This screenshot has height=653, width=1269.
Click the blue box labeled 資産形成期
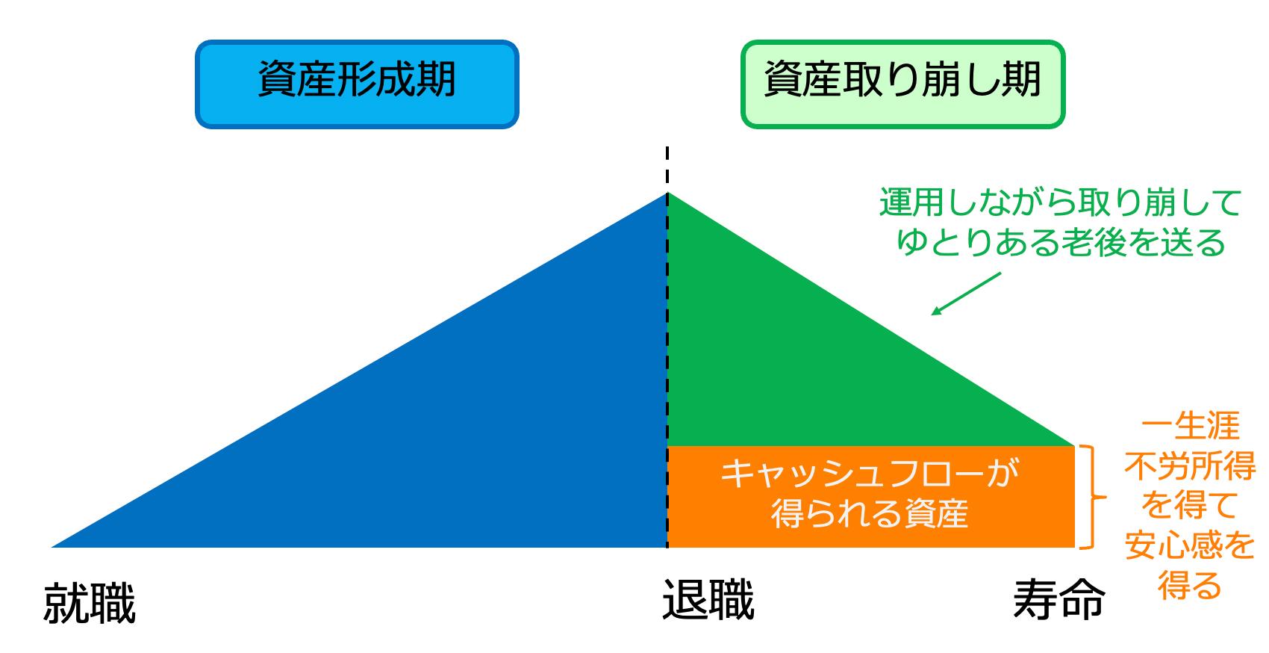click(x=357, y=84)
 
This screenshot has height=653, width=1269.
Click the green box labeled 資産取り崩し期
click(x=903, y=84)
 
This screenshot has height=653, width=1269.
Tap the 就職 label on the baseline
click(x=90, y=602)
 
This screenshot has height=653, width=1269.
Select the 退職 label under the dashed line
click(x=708, y=599)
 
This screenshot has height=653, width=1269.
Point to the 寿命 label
click(x=1059, y=599)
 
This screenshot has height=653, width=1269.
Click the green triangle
click(x=793, y=363)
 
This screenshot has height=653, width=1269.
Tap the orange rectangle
click(x=870, y=497)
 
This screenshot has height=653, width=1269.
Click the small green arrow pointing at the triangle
click(x=966, y=294)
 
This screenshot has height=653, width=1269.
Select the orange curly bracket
click(x=1092, y=497)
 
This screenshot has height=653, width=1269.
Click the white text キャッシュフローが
click(x=870, y=473)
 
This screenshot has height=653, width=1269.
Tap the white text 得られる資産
click(x=870, y=513)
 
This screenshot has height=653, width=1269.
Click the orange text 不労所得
click(x=1191, y=466)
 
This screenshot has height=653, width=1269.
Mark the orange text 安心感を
click(x=1191, y=545)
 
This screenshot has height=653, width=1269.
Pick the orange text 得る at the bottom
click(x=1191, y=585)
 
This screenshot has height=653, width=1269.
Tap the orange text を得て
click(x=1191, y=506)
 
